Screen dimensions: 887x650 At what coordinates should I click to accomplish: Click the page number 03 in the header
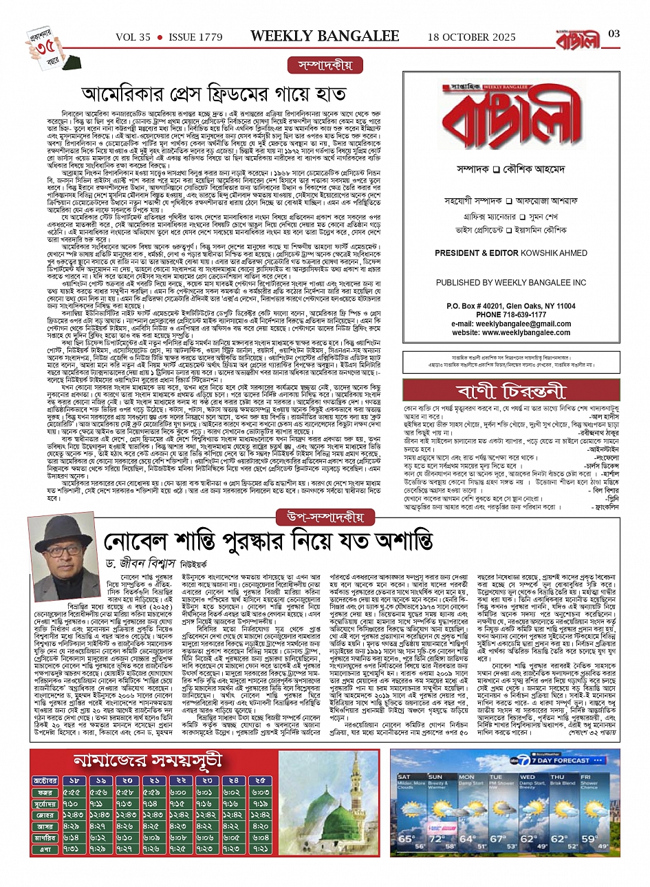tap(614, 34)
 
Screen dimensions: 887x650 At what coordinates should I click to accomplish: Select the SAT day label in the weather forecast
tap(404, 777)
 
